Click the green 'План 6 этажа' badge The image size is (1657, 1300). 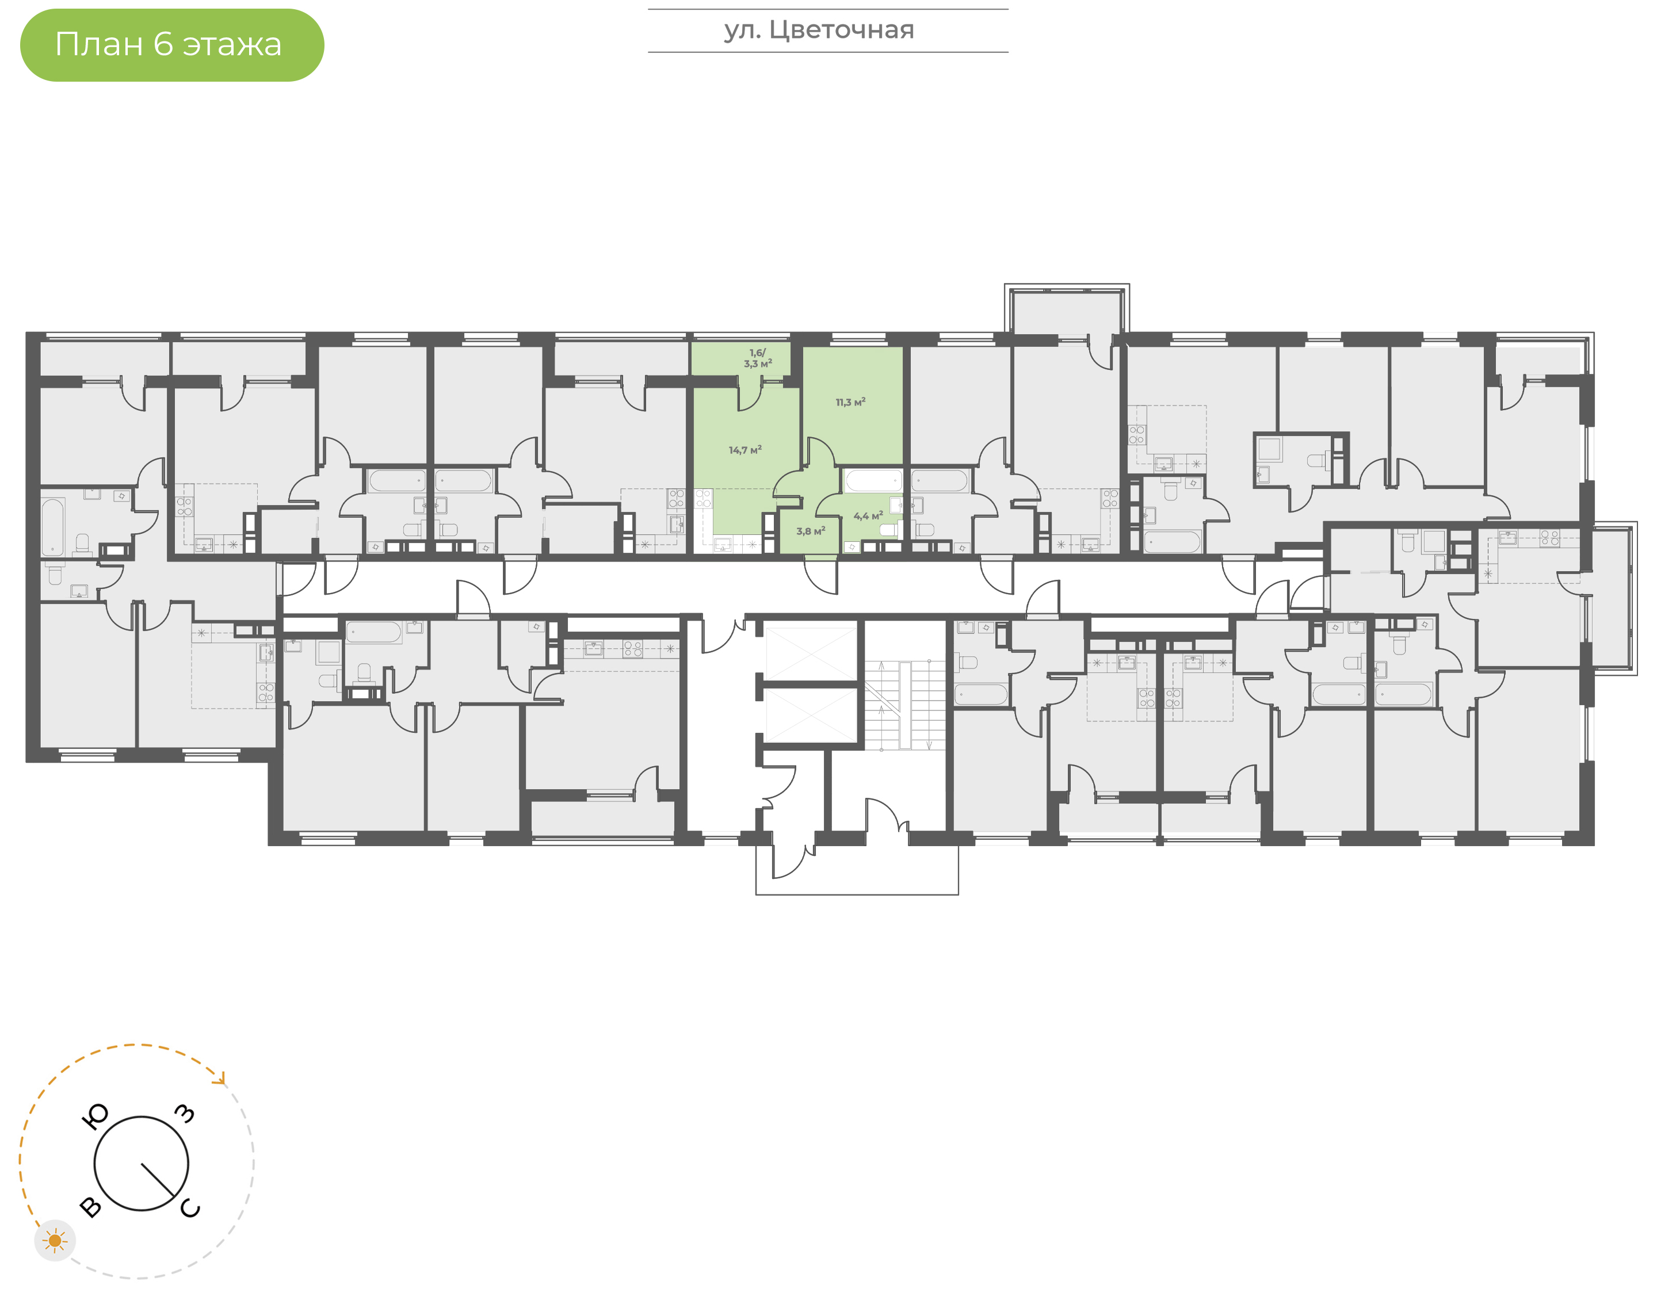point(172,45)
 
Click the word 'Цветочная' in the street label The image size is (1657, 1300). point(841,30)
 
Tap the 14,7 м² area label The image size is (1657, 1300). point(745,450)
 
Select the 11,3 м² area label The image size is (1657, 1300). point(850,402)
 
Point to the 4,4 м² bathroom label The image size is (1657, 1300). point(868,516)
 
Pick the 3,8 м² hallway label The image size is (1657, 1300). point(811,532)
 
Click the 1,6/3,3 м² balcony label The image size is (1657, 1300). point(758,358)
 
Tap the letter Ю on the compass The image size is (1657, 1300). point(94,1117)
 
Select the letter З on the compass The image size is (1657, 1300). point(185,1114)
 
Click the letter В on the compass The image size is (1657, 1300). point(90,1206)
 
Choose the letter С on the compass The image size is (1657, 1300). point(190,1208)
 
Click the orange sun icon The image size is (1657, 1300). point(55,1241)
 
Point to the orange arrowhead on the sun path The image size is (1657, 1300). point(221,1079)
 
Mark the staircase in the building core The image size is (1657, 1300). point(905,705)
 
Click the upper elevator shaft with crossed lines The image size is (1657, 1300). point(811,652)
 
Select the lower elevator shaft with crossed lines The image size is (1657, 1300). point(811,716)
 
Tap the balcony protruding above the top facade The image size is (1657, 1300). point(1067,309)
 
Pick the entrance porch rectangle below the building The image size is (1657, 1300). point(857,870)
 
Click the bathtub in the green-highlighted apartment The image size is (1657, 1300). point(873,481)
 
